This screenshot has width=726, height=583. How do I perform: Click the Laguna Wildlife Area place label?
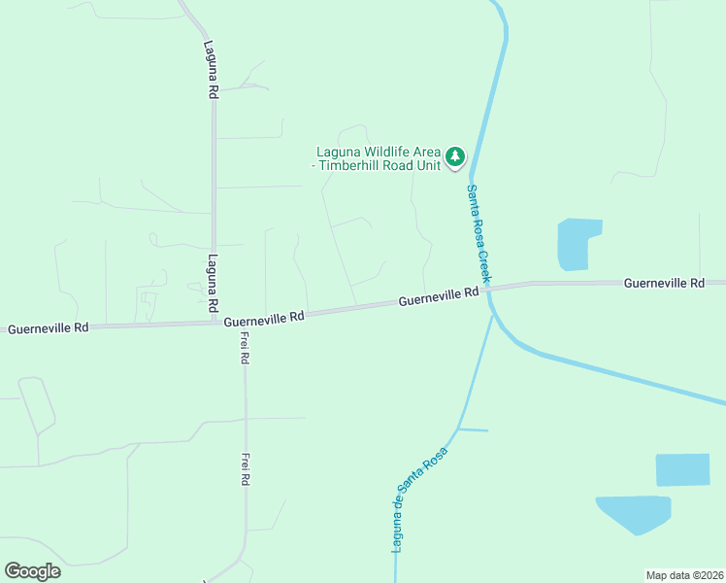[x=378, y=157]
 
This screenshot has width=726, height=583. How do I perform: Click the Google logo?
[x=32, y=571]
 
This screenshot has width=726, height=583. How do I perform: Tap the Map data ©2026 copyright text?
[x=684, y=574]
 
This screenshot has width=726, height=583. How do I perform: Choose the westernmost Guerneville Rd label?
[x=49, y=328]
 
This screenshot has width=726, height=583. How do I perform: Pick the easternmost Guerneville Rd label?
[x=664, y=283]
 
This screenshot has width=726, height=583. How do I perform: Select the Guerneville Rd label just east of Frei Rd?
[x=264, y=318]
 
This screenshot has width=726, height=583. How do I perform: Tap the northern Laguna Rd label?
[x=211, y=68]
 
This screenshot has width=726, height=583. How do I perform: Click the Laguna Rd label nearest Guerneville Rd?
[x=213, y=284]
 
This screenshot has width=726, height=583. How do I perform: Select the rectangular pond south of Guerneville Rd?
[x=682, y=469]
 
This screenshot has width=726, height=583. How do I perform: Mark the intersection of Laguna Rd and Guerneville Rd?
[x=214, y=323]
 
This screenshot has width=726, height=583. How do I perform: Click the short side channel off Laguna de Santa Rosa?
[x=473, y=429]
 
